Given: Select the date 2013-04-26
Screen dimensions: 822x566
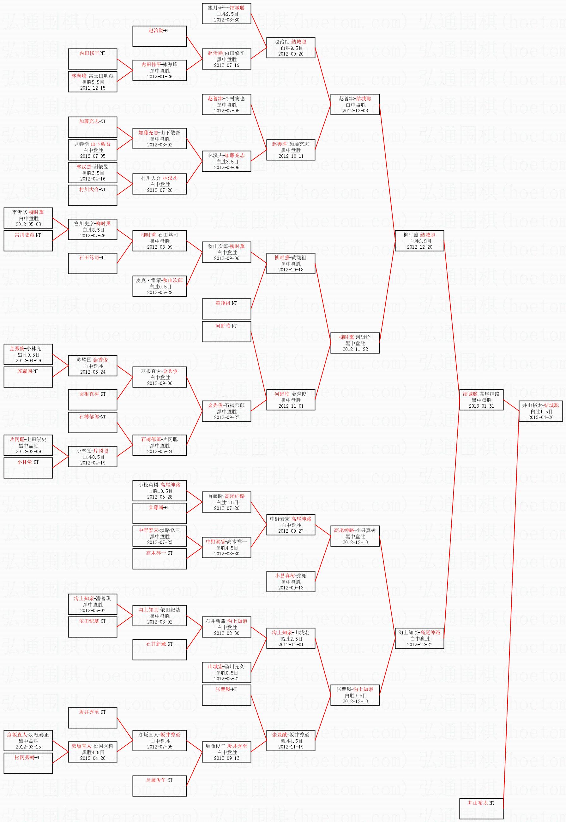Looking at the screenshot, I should [x=540, y=417].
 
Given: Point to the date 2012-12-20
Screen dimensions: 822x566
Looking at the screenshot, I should [x=419, y=247].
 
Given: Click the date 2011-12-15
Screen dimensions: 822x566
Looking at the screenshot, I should [x=93, y=88].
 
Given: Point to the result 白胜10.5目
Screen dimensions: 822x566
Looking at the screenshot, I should [x=160, y=491].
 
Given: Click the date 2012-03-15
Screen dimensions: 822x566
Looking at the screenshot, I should [x=28, y=747].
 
